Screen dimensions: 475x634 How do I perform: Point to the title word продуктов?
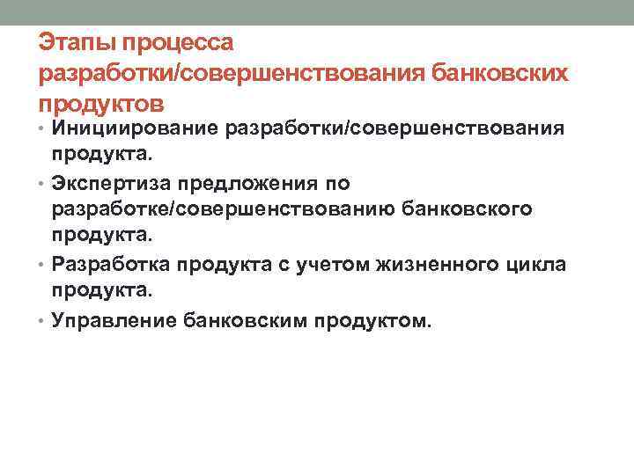tap(100, 103)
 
